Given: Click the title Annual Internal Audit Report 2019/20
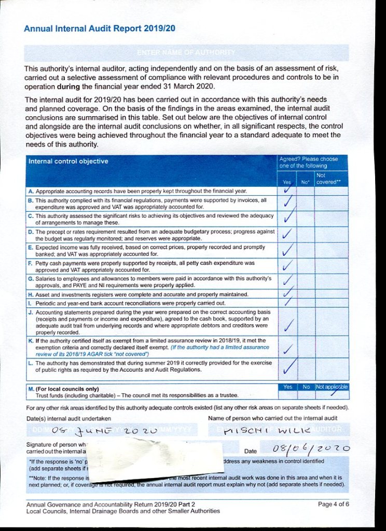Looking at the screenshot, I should coord(100,29).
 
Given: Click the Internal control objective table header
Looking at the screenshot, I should coord(68,161).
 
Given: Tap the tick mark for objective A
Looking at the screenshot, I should coord(287,190).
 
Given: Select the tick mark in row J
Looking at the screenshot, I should coord(288,325).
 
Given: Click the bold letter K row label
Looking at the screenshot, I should coord(30,341).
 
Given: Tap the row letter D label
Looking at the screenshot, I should coord(30,232).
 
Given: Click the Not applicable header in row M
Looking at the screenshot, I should coord(332,387).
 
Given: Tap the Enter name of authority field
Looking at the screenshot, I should coord(186,53).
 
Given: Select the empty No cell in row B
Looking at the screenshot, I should coord(306,203).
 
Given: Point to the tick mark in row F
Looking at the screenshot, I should coord(287,267).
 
